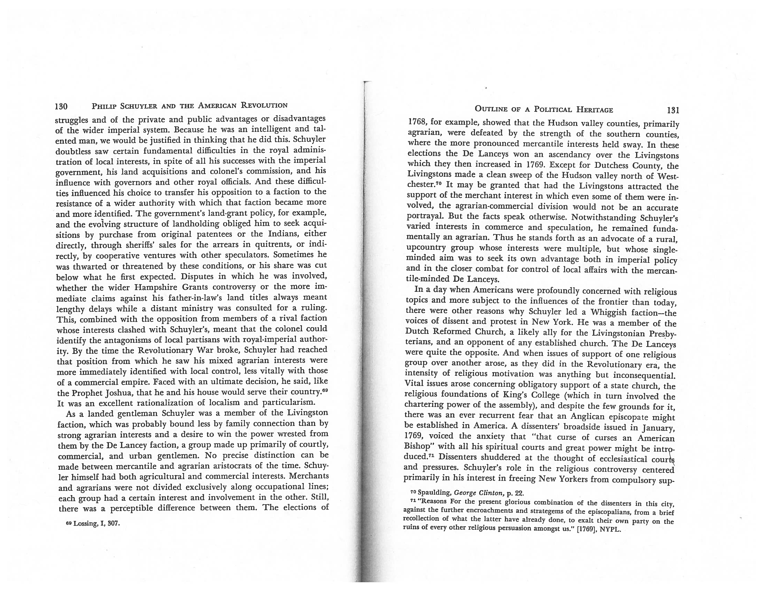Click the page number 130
[x=61, y=106]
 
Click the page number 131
[x=672, y=110]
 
